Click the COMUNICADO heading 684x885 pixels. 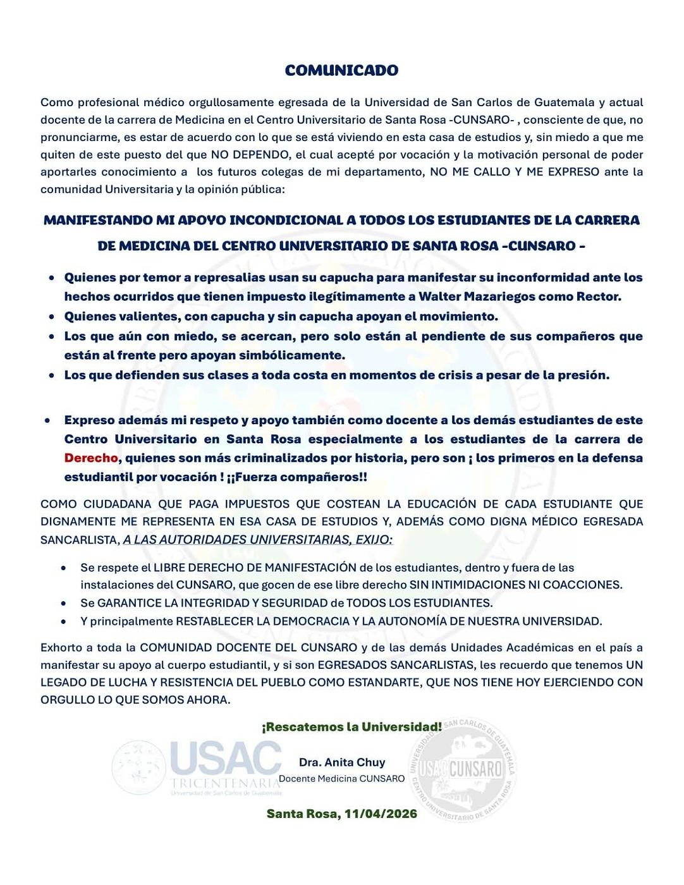click(x=341, y=70)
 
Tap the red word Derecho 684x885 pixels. click(x=91, y=458)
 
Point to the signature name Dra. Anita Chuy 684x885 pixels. click(x=342, y=762)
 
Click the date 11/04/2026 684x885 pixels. click(x=381, y=814)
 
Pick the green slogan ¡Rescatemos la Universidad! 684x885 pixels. click(x=352, y=727)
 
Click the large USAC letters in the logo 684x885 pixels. click(x=226, y=758)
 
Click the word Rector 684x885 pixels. click(x=599, y=296)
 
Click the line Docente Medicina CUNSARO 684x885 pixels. click(x=342, y=779)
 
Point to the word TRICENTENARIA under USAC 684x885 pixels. click(x=225, y=783)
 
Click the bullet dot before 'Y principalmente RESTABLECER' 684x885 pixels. click(x=63, y=621)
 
